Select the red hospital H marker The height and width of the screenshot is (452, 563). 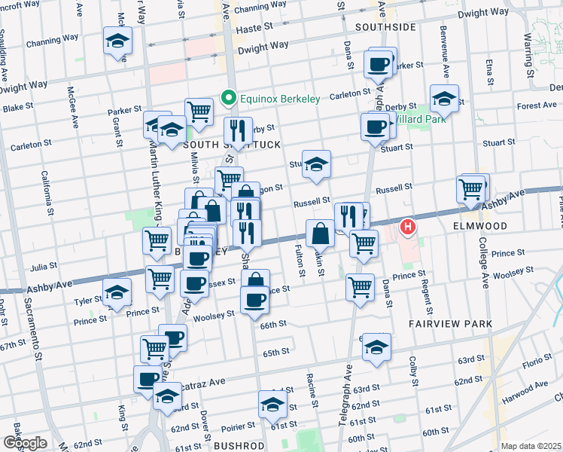pyautogui.click(x=408, y=226)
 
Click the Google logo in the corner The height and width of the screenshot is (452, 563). pyautogui.click(x=25, y=442)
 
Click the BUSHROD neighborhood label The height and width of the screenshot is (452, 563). pyautogui.click(x=239, y=446)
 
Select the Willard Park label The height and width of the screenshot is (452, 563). pyautogui.click(x=421, y=118)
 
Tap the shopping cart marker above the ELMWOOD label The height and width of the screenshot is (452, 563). pyautogui.click(x=471, y=190)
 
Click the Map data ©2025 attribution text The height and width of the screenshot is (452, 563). pyautogui.click(x=531, y=446)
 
